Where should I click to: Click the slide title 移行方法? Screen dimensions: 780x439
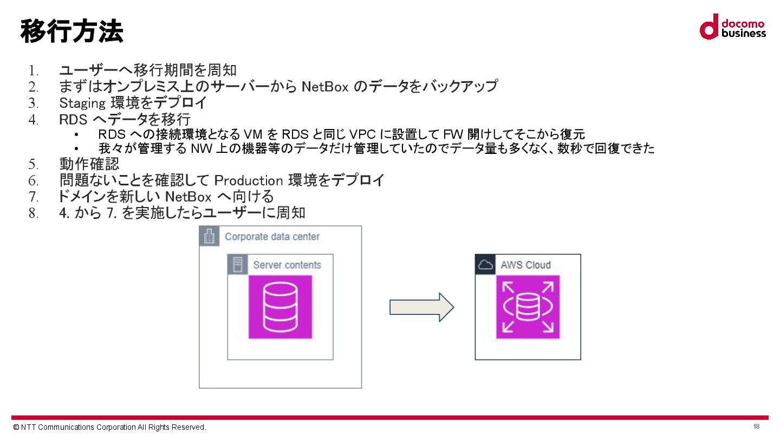point(72,31)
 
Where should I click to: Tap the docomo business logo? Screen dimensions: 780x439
point(732,27)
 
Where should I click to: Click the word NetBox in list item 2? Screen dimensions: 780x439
point(324,86)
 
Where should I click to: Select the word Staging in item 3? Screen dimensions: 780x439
point(82,102)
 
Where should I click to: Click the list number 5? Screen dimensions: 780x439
point(34,164)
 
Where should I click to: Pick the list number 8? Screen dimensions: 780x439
point(34,213)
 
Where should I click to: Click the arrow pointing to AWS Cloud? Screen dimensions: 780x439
point(421,307)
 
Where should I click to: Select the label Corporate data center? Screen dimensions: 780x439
point(272,237)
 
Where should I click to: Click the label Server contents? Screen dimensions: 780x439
point(287,265)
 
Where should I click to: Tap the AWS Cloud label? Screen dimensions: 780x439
point(525,265)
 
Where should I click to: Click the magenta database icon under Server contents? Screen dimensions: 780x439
point(280,307)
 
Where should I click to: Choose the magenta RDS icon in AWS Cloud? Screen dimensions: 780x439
point(528,307)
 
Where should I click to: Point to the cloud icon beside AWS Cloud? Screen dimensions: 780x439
point(485,264)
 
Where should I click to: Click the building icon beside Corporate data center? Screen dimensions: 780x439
point(209,236)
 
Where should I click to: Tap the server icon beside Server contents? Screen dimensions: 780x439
point(237,264)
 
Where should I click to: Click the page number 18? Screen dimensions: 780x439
point(756,427)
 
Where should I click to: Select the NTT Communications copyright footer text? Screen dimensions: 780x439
point(110,427)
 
